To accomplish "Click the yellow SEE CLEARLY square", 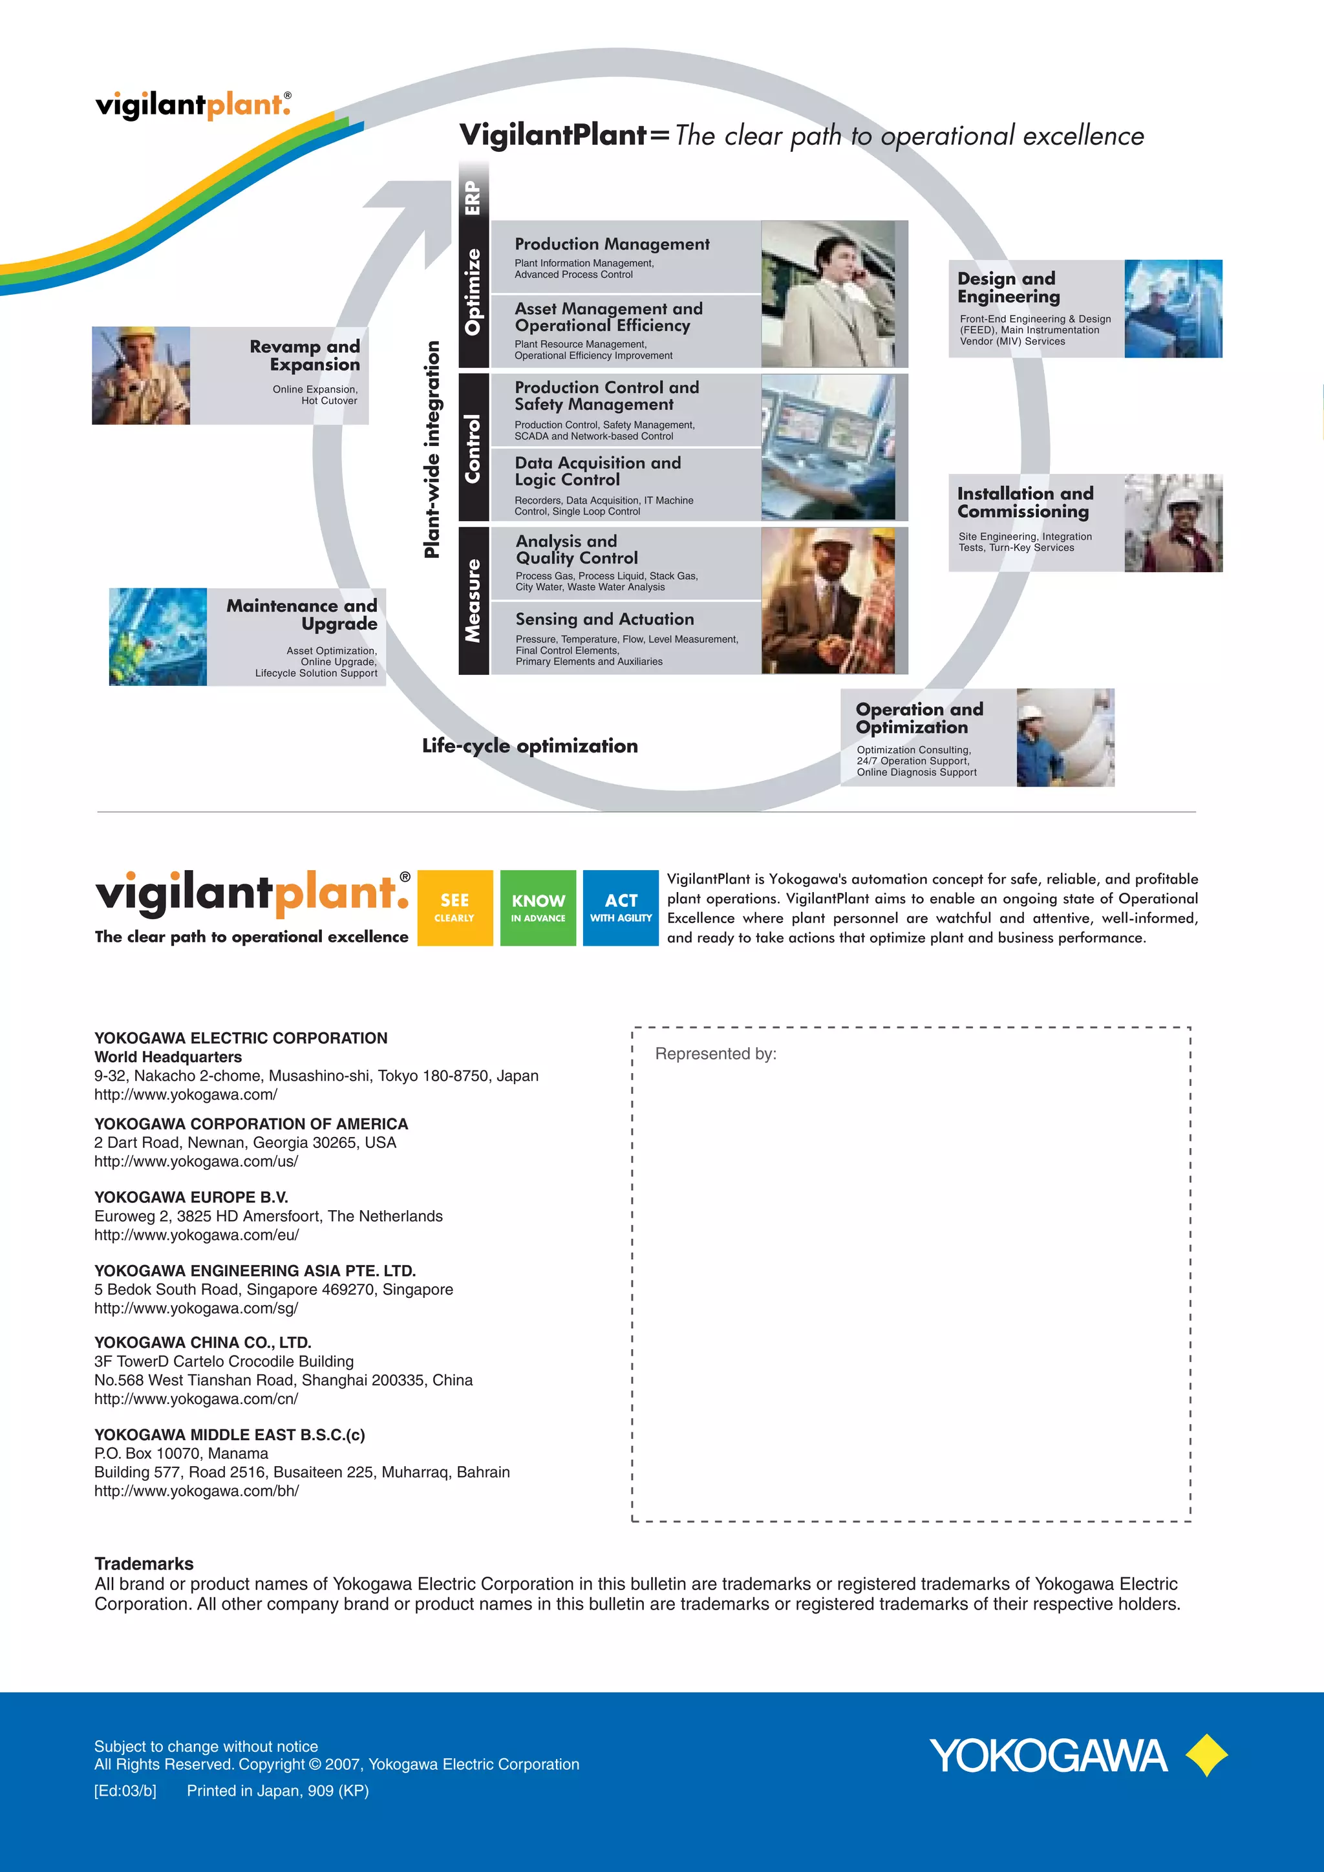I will (x=455, y=908).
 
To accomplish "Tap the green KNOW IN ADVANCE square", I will (x=538, y=908).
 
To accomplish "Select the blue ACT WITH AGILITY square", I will (x=621, y=908).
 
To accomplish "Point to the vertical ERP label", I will (x=473, y=197).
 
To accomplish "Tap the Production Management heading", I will (x=612, y=244).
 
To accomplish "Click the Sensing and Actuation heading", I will (x=604, y=619).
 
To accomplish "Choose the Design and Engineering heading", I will (x=1009, y=288).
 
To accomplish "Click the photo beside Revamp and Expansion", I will (x=141, y=375).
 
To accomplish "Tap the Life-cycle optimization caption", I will (x=530, y=745).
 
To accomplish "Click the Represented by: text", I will (x=715, y=1054).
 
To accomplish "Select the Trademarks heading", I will (x=144, y=1563).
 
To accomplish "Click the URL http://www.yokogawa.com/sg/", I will (x=197, y=1308).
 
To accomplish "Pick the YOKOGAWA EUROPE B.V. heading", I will (x=191, y=1197).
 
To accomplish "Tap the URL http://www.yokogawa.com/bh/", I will (x=197, y=1491).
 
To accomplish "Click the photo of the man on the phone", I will (x=828, y=293).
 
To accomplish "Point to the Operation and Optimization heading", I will (x=919, y=718).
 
